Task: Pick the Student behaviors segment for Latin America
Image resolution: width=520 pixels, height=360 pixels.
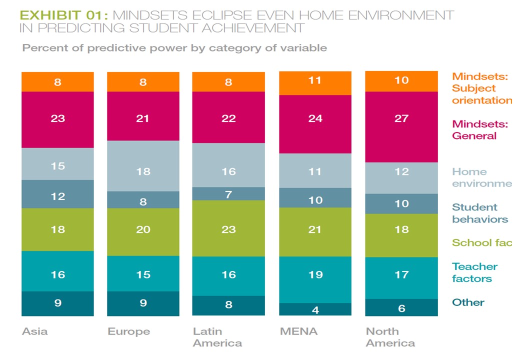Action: coord(228,194)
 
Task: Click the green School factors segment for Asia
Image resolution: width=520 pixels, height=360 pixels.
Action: coord(57,229)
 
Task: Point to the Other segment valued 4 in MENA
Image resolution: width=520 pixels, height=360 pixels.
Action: coord(315,309)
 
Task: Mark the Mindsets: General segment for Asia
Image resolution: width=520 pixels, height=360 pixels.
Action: coord(57,119)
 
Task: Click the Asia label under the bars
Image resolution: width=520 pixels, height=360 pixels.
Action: coord(35,331)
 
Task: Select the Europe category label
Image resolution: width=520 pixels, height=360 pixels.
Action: coord(128,331)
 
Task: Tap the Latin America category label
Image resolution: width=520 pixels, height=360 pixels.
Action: coord(217,337)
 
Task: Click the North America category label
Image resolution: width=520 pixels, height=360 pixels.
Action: coord(390,337)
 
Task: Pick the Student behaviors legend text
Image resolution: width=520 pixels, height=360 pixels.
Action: coord(479,213)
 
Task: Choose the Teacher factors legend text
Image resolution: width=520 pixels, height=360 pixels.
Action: coord(474,272)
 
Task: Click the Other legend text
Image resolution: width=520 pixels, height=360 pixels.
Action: coord(468,302)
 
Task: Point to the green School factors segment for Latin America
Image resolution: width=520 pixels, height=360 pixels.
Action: coord(228,228)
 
